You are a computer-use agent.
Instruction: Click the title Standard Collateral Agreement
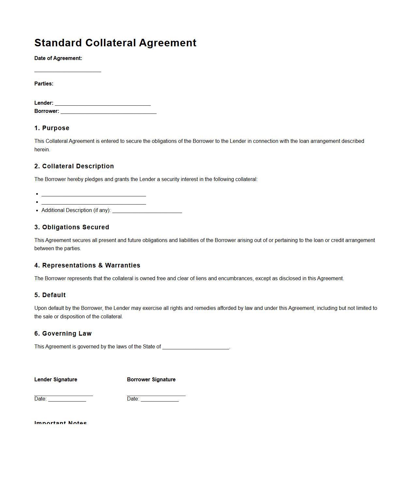pos(115,43)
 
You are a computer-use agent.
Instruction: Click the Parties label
pos(44,84)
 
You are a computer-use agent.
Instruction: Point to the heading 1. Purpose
pos(52,128)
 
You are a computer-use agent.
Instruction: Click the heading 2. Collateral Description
pos(74,166)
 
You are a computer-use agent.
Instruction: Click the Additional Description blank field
pos(147,211)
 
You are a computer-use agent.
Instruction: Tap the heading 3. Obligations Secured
pos(72,227)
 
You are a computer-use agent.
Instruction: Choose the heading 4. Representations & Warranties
pos(87,265)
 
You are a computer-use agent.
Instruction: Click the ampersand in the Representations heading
pos(100,265)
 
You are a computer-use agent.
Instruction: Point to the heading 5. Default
pos(50,295)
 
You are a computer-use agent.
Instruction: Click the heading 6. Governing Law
pos(63,333)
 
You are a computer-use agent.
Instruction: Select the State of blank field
pos(196,348)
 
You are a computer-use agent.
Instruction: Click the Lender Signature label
pos(56,379)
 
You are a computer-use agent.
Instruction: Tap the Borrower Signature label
pos(151,379)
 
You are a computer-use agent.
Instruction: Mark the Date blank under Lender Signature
pos(67,400)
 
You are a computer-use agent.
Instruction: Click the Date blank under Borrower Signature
pos(160,400)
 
